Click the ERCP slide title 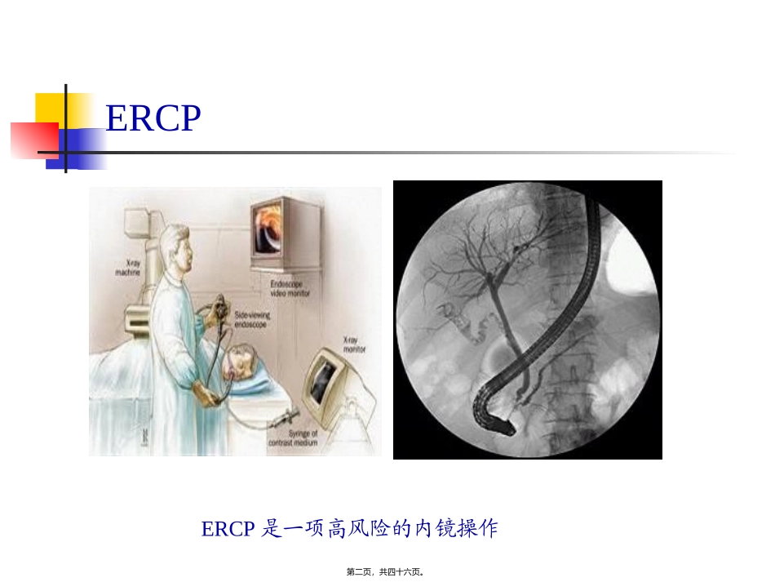click(153, 118)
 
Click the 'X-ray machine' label click(129, 269)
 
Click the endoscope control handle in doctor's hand click(219, 311)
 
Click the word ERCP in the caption click(228, 529)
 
